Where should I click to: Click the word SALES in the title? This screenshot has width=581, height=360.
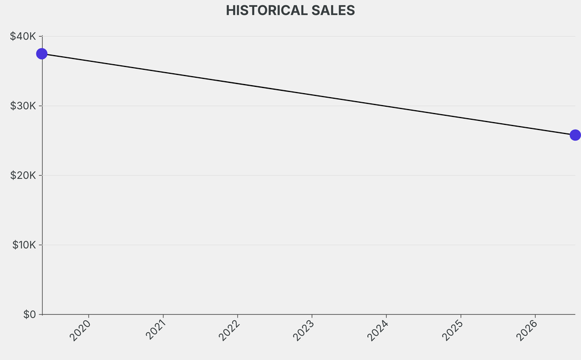333,10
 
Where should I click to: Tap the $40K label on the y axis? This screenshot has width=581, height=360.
23,36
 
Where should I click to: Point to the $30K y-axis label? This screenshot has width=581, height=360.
23,106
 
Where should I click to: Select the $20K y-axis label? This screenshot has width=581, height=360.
23,175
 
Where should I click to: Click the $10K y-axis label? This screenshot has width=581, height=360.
24,245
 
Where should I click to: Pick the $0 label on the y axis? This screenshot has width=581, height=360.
30,315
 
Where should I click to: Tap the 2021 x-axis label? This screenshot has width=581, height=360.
154,329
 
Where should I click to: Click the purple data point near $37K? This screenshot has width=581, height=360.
42,54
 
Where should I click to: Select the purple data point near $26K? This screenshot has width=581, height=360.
575,135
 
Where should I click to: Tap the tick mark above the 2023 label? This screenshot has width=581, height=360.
312,316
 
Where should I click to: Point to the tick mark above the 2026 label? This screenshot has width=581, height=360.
536,316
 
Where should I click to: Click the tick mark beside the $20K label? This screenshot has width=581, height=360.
40,175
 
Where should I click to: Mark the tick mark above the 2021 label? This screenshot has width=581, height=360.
163,316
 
